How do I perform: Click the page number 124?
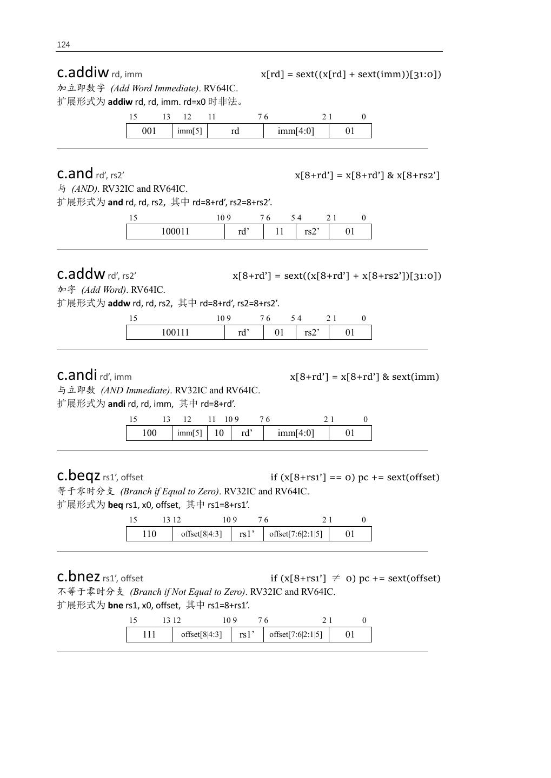(x=63, y=45)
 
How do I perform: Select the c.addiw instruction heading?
(x=83, y=72)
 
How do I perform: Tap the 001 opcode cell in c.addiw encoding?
(x=149, y=131)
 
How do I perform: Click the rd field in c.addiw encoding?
(x=235, y=131)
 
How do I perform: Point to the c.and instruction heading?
(x=75, y=173)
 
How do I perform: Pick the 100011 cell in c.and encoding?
(x=175, y=231)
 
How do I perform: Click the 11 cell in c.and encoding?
(x=280, y=231)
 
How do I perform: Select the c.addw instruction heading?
(x=81, y=274)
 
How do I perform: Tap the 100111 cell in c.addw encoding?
(x=175, y=332)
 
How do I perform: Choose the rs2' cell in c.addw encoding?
(x=312, y=332)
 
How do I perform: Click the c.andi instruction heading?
(x=77, y=375)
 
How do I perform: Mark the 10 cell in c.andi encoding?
(x=219, y=433)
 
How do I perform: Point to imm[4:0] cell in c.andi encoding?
(x=296, y=433)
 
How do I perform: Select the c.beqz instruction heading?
(x=78, y=476)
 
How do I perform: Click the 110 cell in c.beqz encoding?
(x=149, y=534)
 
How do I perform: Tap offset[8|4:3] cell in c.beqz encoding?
(x=201, y=534)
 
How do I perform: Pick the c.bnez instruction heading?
(x=78, y=576)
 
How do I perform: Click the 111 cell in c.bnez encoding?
(x=149, y=634)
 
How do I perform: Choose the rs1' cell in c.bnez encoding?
(x=247, y=634)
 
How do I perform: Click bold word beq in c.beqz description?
(x=115, y=505)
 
